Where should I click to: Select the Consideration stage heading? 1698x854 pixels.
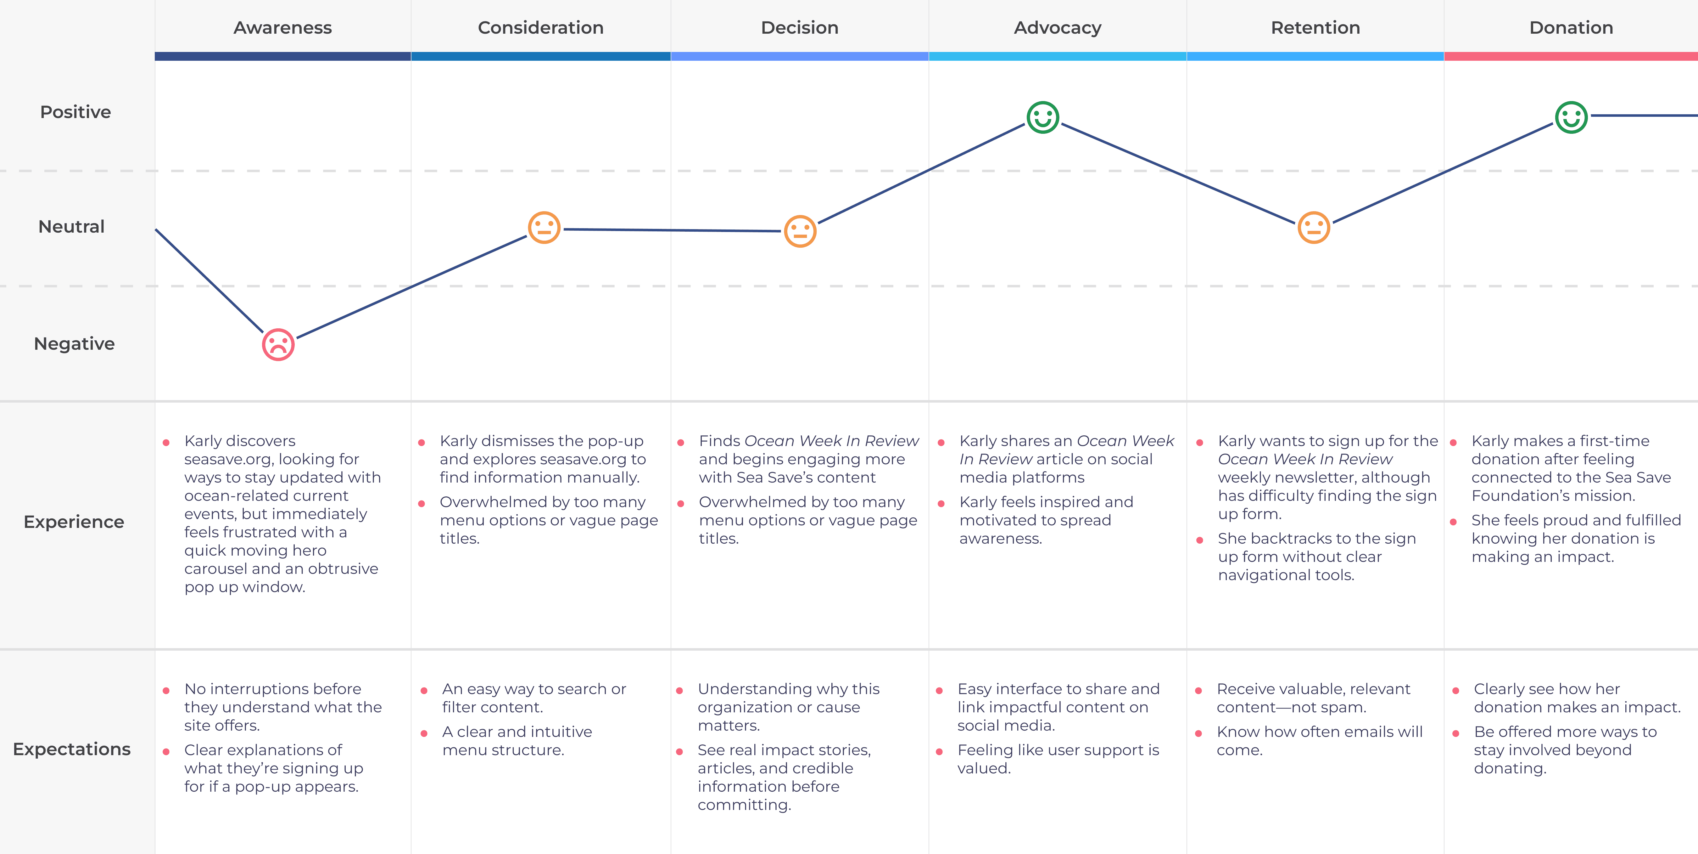(x=540, y=28)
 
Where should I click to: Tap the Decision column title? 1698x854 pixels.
(x=800, y=28)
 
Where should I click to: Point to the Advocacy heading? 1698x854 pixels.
(x=1057, y=28)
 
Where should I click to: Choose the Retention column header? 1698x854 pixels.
(x=1315, y=28)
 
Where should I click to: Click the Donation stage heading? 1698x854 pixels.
(x=1571, y=28)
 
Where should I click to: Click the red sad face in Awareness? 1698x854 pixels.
(x=278, y=344)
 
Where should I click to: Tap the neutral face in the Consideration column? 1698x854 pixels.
(x=544, y=228)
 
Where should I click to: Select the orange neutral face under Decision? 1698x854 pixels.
(x=800, y=231)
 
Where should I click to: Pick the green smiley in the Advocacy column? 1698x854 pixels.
(x=1043, y=117)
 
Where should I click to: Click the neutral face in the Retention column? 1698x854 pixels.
(x=1314, y=228)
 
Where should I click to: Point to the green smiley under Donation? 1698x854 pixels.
(x=1572, y=117)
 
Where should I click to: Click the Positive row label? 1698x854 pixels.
(x=75, y=112)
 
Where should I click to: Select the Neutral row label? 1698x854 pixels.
(x=71, y=227)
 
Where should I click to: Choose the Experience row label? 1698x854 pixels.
(x=74, y=522)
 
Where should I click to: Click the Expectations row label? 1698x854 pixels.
(x=72, y=749)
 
